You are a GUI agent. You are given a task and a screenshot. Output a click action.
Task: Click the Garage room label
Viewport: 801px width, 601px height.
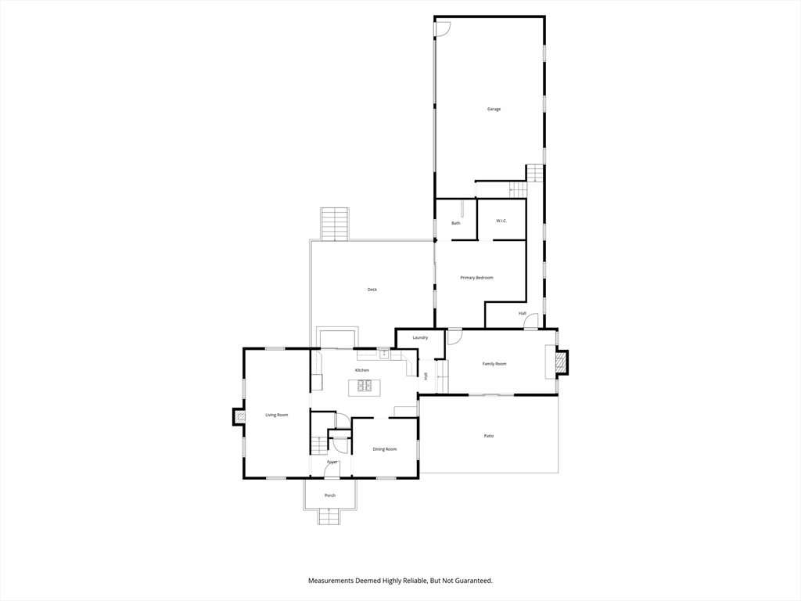point(494,109)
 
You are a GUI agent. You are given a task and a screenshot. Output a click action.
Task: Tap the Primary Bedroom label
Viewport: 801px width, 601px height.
point(476,278)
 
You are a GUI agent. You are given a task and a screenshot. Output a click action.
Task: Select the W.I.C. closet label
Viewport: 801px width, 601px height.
point(501,221)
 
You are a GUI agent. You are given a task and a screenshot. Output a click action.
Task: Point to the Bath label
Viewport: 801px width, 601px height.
point(456,223)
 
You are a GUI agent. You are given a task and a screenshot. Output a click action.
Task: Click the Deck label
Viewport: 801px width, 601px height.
point(372,290)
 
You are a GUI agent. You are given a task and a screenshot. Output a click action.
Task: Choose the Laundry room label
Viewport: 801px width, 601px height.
point(420,337)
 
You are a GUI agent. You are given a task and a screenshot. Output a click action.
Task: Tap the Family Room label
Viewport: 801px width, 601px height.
point(494,364)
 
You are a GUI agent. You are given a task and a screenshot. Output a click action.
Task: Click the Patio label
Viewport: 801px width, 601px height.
point(489,436)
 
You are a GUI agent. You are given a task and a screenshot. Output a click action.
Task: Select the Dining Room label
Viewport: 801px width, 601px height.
point(385,449)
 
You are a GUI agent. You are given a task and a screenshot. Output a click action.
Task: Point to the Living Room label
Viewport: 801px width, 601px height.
point(276,415)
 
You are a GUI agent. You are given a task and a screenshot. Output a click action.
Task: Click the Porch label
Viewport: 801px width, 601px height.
point(330,495)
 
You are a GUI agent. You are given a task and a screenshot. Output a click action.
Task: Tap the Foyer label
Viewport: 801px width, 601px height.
point(332,462)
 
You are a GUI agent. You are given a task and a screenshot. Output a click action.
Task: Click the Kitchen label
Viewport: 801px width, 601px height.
point(361,370)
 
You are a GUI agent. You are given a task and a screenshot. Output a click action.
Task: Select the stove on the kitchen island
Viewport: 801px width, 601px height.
point(365,385)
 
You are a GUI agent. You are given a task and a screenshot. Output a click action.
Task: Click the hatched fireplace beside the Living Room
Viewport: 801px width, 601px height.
point(239,416)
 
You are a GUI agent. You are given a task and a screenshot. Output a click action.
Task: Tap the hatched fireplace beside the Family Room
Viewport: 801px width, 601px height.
point(562,362)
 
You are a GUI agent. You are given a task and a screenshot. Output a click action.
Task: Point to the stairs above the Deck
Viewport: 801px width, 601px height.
point(335,223)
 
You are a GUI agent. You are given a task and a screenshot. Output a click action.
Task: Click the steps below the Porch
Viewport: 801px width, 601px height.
point(329,516)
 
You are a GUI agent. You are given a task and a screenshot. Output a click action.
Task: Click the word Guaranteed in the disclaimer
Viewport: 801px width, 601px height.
point(476,581)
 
